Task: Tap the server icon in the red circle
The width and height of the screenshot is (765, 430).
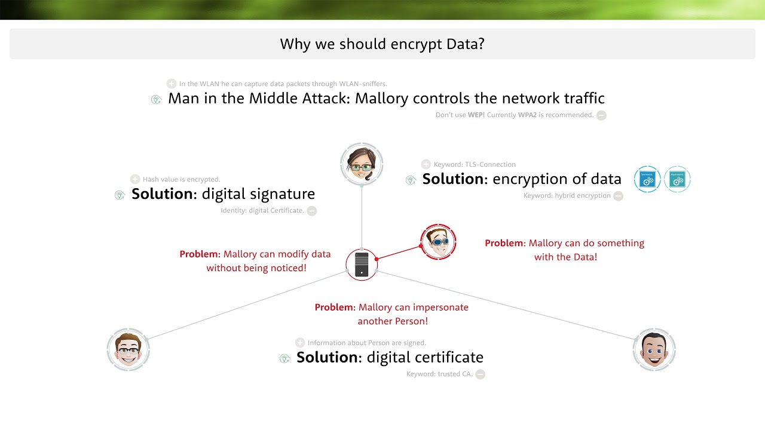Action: tap(362, 265)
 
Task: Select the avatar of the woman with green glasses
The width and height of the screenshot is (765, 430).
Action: tap(362, 164)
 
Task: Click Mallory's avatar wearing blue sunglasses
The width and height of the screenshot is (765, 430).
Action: tap(438, 242)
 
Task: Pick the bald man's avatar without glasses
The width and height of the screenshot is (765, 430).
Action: tap(654, 349)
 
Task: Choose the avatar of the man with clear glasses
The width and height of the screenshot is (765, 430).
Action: tap(128, 349)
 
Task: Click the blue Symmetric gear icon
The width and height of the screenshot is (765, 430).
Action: tap(647, 179)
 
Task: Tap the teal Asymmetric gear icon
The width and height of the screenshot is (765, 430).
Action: tap(677, 179)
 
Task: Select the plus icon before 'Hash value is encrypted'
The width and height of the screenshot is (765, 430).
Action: tap(135, 179)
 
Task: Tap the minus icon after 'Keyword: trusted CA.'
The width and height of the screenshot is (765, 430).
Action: tap(480, 374)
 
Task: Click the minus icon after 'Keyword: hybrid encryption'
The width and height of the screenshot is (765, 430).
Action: tap(618, 196)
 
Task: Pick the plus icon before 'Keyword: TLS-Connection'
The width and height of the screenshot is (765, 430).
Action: tap(426, 164)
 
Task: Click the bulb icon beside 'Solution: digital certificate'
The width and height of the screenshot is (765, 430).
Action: tap(285, 358)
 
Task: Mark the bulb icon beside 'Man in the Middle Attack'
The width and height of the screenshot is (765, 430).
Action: tap(157, 100)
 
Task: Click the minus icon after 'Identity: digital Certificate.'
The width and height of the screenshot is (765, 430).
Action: tap(312, 211)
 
